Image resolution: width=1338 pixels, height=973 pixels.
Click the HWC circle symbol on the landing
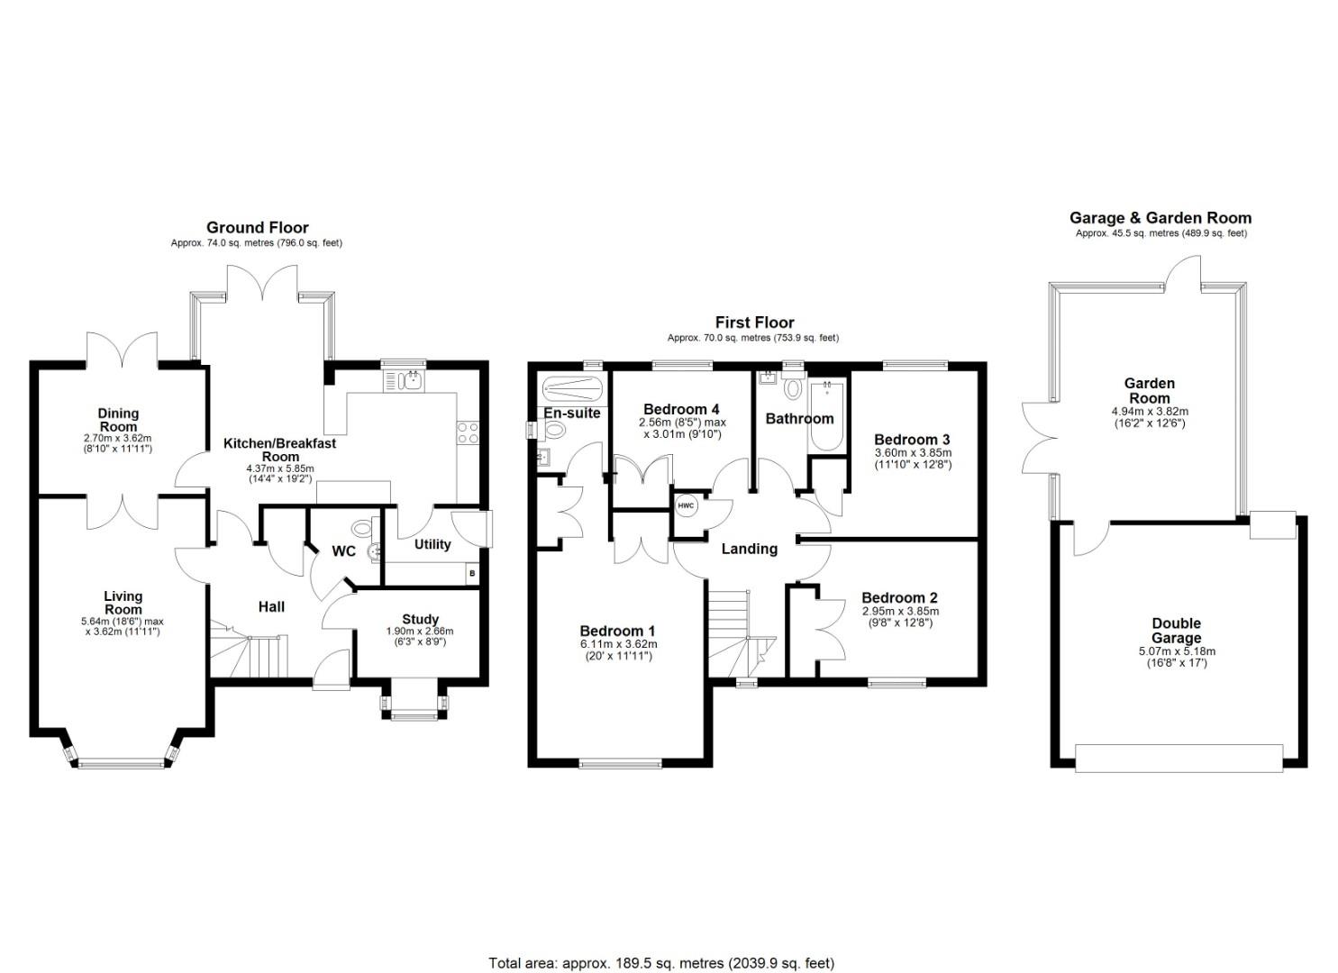click(x=686, y=506)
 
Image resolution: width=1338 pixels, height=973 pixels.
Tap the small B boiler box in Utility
click(x=472, y=573)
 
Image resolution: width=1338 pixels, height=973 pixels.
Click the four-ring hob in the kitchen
click(x=468, y=433)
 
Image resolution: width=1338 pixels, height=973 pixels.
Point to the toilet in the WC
click(x=362, y=528)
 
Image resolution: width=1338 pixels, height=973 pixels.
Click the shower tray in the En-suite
click(x=571, y=389)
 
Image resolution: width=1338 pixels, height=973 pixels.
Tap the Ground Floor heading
click(x=258, y=228)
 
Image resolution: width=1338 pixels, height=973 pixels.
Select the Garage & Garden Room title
click(x=1161, y=218)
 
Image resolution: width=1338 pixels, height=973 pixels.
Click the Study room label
click(x=421, y=620)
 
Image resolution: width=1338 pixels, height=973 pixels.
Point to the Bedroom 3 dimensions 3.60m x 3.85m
click(x=913, y=453)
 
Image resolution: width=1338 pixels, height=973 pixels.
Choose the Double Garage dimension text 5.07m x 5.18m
click(x=1177, y=651)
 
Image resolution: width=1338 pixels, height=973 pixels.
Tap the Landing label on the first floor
click(x=749, y=549)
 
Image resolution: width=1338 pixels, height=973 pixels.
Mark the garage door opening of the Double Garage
click(x=1179, y=759)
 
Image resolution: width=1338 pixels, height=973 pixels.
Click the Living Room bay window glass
click(x=122, y=763)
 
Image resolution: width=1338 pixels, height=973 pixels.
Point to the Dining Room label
click(x=118, y=420)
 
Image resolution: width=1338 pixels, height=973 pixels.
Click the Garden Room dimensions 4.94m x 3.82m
click(x=1150, y=412)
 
